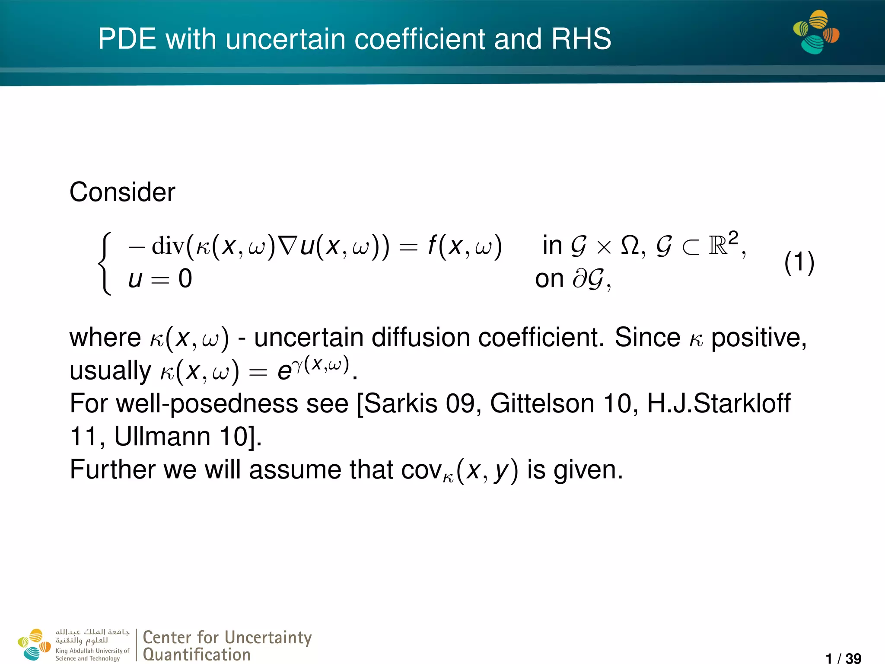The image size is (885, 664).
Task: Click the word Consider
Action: [x=122, y=192]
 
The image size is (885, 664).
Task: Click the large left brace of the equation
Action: [x=105, y=263]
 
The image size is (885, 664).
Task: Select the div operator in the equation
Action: [x=168, y=246]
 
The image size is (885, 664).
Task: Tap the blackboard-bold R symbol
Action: [x=717, y=246]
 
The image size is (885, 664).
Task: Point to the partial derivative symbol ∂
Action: [x=579, y=279]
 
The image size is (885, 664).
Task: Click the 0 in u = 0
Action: [x=185, y=279]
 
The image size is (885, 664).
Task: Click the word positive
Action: [x=758, y=338]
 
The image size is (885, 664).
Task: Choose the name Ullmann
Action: [x=162, y=437]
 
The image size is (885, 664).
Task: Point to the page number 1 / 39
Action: [x=843, y=658]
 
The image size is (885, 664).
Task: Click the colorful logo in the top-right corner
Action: [x=816, y=32]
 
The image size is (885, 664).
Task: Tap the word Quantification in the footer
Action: [x=197, y=654]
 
